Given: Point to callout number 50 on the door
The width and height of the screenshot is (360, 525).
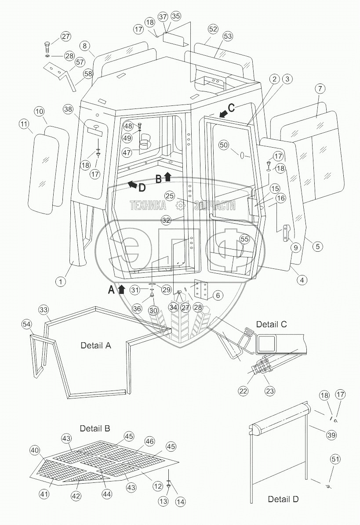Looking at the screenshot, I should click(224, 145).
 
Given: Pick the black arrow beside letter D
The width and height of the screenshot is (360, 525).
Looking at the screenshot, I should click(131, 184).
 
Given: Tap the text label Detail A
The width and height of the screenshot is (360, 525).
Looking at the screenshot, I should click(96, 345).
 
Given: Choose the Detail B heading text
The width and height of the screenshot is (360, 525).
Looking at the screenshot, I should click(95, 428).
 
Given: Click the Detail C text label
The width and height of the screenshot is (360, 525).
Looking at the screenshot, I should click(271, 324).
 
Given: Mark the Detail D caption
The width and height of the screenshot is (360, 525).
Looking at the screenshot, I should click(284, 499).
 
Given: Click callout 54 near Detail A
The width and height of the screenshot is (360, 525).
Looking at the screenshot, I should click(27, 324).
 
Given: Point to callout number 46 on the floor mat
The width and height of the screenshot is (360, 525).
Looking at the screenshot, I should click(149, 441).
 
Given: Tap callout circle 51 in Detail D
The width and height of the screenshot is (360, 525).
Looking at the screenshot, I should click(335, 459).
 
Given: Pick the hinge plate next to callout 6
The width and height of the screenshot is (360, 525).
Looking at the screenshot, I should click(202, 290).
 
